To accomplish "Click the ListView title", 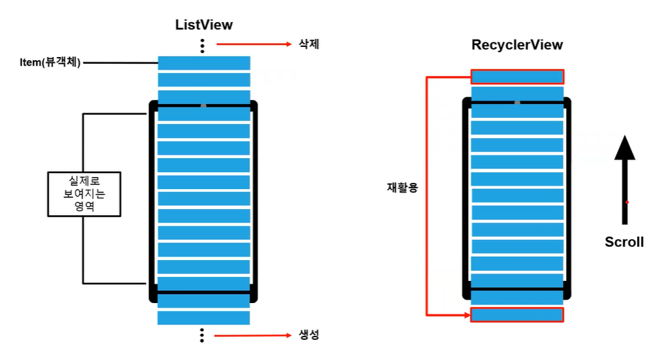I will [x=204, y=25].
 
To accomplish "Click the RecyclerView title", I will [x=517, y=46].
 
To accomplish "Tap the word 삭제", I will [x=309, y=45].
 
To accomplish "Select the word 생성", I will [x=309, y=335].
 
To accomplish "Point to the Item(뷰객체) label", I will [x=50, y=63].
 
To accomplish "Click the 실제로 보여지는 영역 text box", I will [x=84, y=194].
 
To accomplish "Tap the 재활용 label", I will [x=402, y=188].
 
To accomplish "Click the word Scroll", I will [x=624, y=242].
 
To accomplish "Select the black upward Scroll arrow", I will [x=624, y=178].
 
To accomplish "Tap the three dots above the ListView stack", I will [x=202, y=46].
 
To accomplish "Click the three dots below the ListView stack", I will [x=202, y=335].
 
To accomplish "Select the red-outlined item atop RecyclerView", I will [x=517, y=76].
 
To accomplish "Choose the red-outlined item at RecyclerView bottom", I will [x=517, y=314].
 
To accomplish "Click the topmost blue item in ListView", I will [x=204, y=63].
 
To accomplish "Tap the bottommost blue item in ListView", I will [x=204, y=318].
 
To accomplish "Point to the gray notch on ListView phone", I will [x=203, y=105].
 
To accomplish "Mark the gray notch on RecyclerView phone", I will [x=517, y=103].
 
